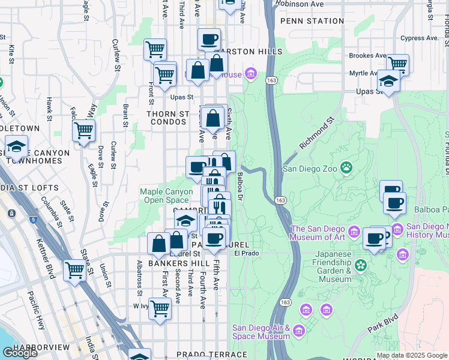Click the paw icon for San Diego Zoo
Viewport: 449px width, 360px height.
[346, 167]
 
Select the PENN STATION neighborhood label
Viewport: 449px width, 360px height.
[316, 21]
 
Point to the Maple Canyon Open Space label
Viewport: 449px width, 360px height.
[164, 196]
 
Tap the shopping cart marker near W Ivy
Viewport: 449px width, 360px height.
[160, 309]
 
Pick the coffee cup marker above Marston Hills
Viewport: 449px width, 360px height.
[209, 40]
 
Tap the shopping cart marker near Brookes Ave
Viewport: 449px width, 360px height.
[397, 64]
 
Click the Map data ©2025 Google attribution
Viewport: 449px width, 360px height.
[411, 355]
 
